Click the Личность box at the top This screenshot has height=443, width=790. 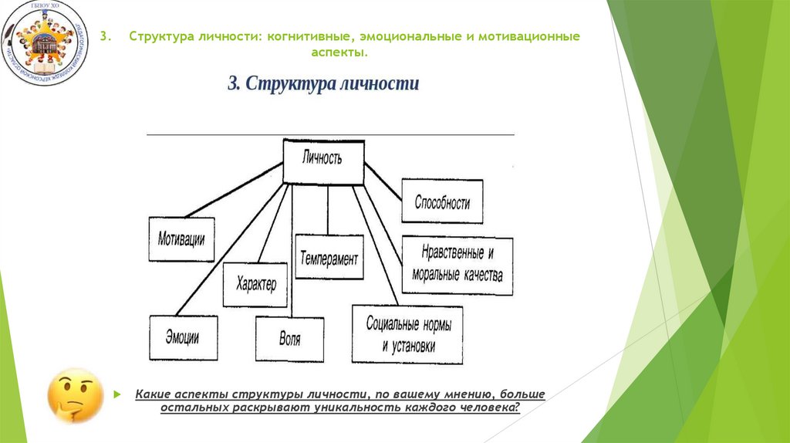(x=324, y=161)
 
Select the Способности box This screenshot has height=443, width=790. (x=442, y=201)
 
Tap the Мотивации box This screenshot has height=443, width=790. (x=181, y=238)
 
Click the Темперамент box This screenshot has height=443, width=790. (x=329, y=258)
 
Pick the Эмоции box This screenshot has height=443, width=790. (x=182, y=337)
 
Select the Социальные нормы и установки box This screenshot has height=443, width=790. (x=408, y=334)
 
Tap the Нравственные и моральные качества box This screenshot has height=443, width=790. (x=457, y=265)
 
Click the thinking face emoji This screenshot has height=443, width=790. (x=75, y=394)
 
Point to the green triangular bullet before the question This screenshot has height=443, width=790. (x=117, y=394)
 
